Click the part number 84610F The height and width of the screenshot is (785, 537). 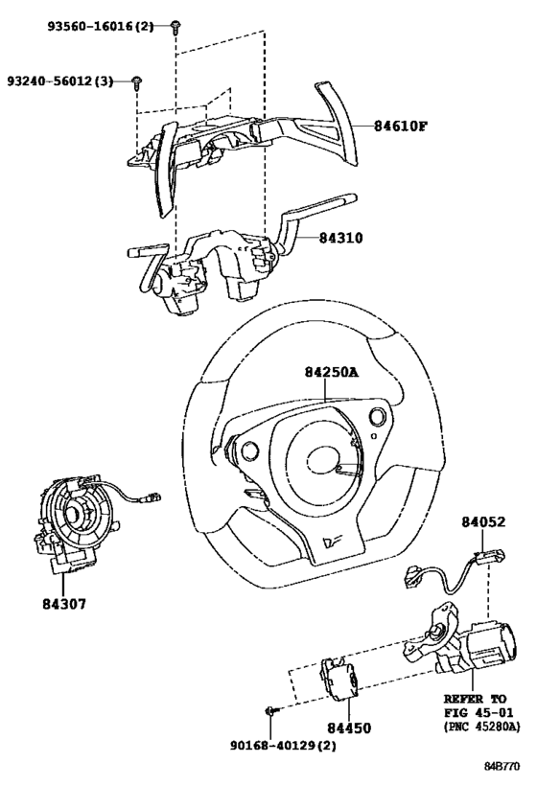tap(401, 126)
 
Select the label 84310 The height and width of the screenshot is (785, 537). tap(341, 238)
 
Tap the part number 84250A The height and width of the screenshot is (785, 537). tap(332, 372)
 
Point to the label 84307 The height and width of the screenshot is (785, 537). tap(64, 604)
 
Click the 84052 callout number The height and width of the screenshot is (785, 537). tap(483, 521)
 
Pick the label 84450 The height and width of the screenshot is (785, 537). tap(349, 727)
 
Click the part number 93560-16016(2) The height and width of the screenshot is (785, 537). tap(101, 26)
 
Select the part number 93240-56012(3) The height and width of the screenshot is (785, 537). tap(60, 81)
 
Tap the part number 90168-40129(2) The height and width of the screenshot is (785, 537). tap(283, 746)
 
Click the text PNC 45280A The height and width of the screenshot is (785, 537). tap(481, 727)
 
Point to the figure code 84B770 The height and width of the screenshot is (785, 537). tap(502, 767)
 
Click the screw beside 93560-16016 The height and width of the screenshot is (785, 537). tap(175, 27)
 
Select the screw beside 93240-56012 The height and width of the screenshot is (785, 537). tap(136, 82)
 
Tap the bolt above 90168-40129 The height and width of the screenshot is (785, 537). tap(271, 710)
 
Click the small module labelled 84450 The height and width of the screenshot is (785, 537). tap(339, 678)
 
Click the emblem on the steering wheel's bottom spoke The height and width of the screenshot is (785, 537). tap(332, 542)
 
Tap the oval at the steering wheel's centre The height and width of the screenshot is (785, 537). tap(324, 460)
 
